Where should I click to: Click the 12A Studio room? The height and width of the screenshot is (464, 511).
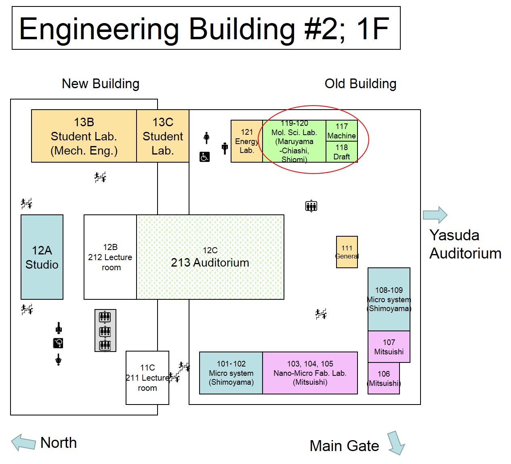(42, 257)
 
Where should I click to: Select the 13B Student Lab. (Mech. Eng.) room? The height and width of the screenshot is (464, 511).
(84, 136)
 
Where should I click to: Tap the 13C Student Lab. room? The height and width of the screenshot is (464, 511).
(163, 136)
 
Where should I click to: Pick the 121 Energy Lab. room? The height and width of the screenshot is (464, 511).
(246, 141)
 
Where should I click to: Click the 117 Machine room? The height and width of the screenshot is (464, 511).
(342, 131)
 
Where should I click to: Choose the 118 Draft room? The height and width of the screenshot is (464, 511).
(342, 152)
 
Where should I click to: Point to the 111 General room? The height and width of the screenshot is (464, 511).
(347, 252)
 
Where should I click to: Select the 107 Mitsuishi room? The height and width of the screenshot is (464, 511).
(389, 347)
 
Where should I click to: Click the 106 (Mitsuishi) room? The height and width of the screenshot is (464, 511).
(384, 378)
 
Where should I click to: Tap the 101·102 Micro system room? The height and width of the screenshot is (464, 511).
(231, 373)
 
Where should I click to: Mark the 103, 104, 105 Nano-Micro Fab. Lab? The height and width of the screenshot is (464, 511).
(310, 373)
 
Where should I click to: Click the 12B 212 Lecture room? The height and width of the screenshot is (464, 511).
(110, 257)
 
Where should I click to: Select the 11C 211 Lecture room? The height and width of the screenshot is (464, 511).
(147, 378)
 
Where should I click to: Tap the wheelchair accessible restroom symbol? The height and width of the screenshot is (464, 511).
(205, 157)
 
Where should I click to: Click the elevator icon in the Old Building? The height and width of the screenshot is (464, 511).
(311, 206)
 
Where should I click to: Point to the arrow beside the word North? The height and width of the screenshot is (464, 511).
(23, 443)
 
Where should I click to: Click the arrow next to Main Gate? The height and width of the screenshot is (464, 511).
(396, 443)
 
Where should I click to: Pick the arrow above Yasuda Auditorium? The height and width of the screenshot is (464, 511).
(435, 215)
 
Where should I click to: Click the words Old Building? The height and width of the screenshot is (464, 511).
(360, 84)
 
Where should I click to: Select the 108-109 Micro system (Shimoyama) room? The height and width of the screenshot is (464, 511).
(389, 299)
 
